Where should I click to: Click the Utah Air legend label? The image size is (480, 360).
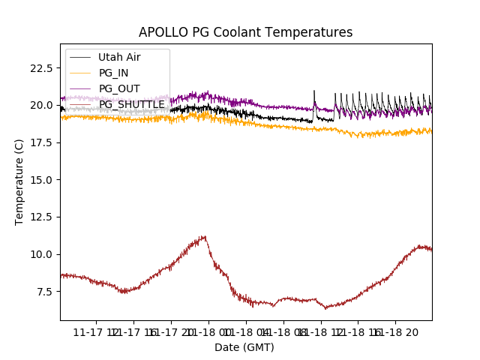(x=119, y=57)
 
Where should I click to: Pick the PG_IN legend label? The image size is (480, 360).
(x=113, y=73)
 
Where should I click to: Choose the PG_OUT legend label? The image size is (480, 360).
(x=118, y=88)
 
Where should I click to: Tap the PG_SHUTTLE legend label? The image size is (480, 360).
(x=131, y=104)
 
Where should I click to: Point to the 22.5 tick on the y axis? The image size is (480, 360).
(x=40, y=68)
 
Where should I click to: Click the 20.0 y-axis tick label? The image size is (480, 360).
(x=40, y=105)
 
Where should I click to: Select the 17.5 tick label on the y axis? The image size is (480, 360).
(x=40, y=142)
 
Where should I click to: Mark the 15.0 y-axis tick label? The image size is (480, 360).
(x=40, y=180)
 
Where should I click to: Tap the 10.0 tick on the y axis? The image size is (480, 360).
(x=40, y=254)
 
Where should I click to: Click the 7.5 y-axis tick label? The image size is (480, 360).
(x=43, y=292)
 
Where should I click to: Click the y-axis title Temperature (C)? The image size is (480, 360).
(x=19, y=181)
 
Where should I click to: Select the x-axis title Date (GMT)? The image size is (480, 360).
(x=244, y=347)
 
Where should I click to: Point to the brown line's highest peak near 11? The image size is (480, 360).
(x=203, y=237)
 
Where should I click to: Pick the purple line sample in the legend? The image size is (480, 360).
(x=80, y=88)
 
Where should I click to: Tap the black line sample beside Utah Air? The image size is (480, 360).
(x=80, y=57)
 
